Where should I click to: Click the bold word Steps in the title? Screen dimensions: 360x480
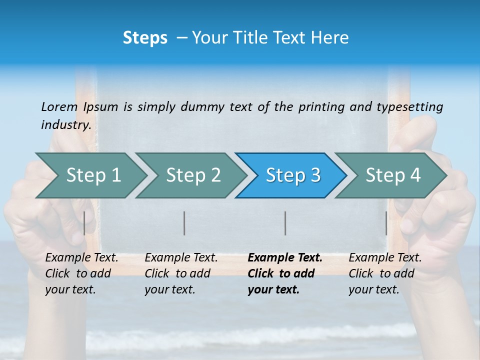pos(145,38)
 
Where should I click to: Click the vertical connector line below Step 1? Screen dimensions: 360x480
pos(84,223)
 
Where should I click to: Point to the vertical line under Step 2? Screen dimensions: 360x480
pos(184,223)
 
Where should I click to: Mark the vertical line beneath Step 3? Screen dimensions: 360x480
pos(285,223)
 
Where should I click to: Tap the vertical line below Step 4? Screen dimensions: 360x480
pos(386,223)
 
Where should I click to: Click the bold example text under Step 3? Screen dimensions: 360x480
pos(284,273)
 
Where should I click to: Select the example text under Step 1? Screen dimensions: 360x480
pos(81,273)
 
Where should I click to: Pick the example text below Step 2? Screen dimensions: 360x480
pos(180,273)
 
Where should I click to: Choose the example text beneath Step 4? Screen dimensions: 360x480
pos(384,273)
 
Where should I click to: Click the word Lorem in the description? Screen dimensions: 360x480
pos(59,106)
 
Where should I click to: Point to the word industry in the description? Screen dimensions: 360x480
pos(65,124)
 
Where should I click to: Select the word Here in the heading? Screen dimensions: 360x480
pos(330,38)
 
